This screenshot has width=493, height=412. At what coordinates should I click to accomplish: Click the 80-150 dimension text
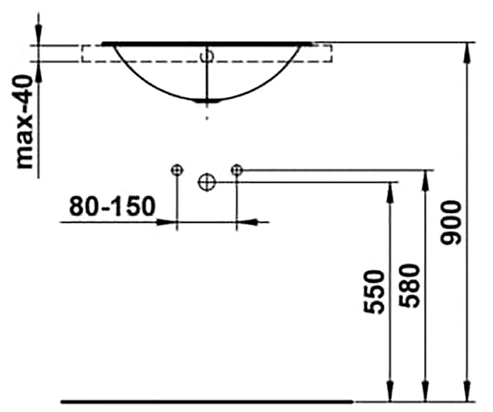[112, 206]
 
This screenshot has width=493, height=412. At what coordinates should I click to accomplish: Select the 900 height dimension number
[451, 223]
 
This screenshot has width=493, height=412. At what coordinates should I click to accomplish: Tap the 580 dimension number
[409, 286]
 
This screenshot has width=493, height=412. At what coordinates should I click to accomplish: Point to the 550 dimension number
[374, 292]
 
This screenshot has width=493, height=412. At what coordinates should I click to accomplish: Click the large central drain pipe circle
[207, 182]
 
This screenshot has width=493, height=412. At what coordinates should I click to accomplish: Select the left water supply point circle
[177, 170]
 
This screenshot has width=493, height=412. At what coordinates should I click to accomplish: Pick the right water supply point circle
[237, 170]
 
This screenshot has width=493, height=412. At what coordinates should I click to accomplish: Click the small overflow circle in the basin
[207, 56]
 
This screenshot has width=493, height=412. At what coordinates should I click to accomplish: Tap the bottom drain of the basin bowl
[207, 101]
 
